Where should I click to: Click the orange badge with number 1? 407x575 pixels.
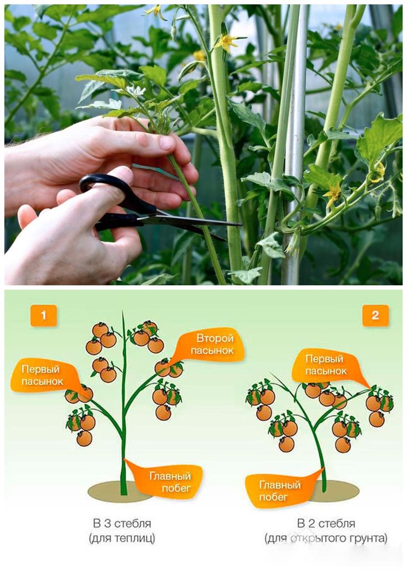coord(44,315)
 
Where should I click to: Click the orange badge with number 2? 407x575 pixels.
coord(375,315)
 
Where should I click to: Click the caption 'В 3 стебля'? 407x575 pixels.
coord(122,523)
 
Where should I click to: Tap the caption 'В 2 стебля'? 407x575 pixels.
coord(326,523)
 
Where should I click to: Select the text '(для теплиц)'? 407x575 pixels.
coord(122,539)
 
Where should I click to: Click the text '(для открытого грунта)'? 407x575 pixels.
coord(326,539)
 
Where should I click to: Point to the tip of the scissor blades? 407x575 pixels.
coord(241,224)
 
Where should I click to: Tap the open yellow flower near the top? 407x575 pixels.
coord(225,42)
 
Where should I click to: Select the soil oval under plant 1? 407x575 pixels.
coord(119,492)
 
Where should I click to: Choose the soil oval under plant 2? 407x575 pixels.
coord(332,492)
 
